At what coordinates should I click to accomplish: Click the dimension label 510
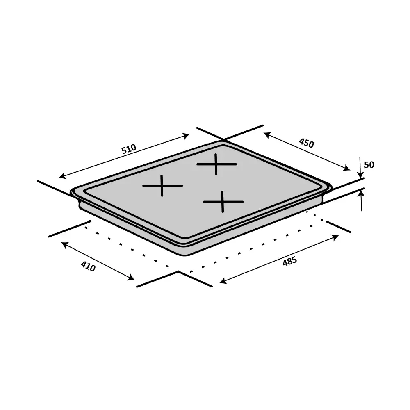click(x=128, y=149)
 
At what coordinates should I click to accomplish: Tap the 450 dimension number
click(x=306, y=143)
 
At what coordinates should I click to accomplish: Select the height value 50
click(x=369, y=165)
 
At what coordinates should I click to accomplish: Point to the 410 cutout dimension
click(x=88, y=266)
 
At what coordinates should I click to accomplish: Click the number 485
click(x=289, y=261)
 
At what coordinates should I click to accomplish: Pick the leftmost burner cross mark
click(x=162, y=186)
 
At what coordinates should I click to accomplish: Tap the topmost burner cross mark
click(x=216, y=164)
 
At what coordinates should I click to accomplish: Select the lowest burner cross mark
click(x=223, y=202)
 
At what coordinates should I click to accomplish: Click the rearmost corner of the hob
click(x=223, y=142)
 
